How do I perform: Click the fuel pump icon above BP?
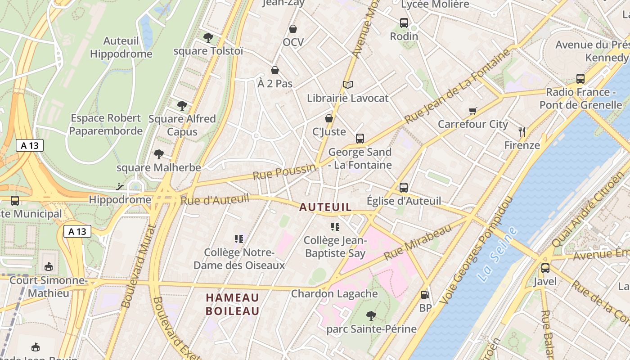424,295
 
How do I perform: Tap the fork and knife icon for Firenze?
522,132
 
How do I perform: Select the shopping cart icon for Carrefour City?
472,111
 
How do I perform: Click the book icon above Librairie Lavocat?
347,85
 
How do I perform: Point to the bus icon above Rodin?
404,22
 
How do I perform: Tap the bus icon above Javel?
545,268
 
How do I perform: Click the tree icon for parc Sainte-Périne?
371,315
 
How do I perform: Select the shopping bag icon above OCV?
293,29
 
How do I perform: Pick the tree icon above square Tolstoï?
208,37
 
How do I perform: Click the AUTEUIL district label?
325,207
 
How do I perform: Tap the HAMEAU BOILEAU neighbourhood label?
233,304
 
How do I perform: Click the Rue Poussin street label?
284,171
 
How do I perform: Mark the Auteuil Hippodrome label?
121,47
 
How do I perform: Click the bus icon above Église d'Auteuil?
404,187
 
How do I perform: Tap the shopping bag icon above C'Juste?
329,118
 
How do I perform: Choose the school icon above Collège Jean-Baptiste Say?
335,226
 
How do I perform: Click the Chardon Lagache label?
334,294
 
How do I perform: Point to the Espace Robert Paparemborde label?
106,125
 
